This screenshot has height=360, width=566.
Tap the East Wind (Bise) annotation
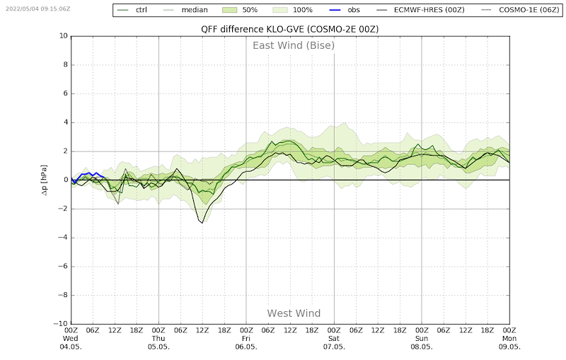[x=294, y=45]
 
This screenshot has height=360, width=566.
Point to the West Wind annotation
[x=294, y=313]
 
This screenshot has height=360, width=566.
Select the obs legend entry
[x=345, y=10]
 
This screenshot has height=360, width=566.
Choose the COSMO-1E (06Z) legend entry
[x=520, y=10]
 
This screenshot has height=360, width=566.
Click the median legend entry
[x=185, y=10]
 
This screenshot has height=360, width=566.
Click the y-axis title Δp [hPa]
[x=44, y=180]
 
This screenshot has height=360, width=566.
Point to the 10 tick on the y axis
[x=64, y=35]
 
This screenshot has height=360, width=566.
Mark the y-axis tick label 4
[x=66, y=122]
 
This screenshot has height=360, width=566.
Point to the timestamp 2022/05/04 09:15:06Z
[x=38, y=8]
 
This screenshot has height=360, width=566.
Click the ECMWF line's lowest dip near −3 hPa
[x=202, y=223]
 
